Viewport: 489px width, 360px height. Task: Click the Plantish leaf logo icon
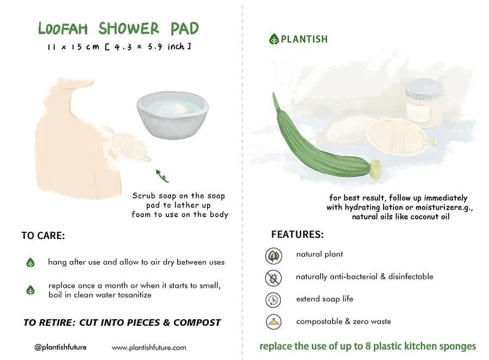pyautogui.click(x=274, y=39)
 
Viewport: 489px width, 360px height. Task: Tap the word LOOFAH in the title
pyautogui.click(x=64, y=29)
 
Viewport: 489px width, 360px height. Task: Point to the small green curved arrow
pyautogui.click(x=162, y=175)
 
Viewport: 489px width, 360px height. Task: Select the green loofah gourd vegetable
pyautogui.click(x=321, y=144)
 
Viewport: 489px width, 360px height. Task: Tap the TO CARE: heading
pyautogui.click(x=43, y=236)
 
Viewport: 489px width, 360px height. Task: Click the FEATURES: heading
pyautogui.click(x=297, y=235)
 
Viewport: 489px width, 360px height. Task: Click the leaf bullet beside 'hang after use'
pyautogui.click(x=30, y=263)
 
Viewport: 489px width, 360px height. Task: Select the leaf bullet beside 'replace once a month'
pyautogui.click(x=30, y=290)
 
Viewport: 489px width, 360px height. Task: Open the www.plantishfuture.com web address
pyautogui.click(x=149, y=348)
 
